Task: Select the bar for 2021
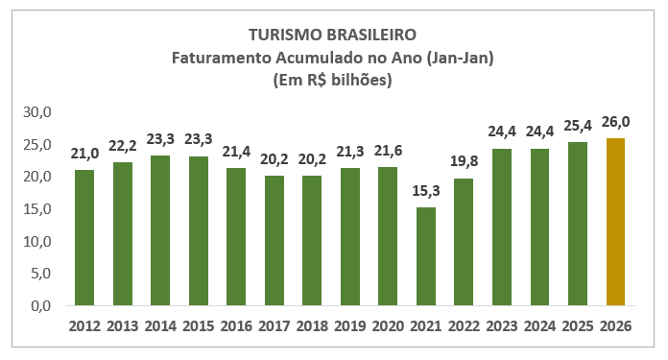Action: click(425, 257)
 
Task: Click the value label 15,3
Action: click(425, 192)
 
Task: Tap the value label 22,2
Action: click(122, 147)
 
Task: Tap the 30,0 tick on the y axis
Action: click(37, 112)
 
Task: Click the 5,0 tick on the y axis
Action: click(40, 274)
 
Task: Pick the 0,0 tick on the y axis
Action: click(40, 306)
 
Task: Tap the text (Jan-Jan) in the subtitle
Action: click(461, 58)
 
